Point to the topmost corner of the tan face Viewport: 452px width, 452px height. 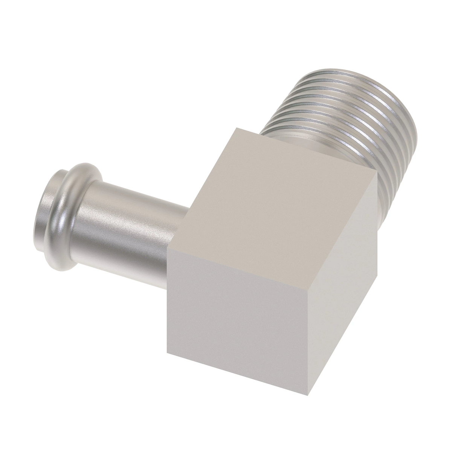pos(237,128)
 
